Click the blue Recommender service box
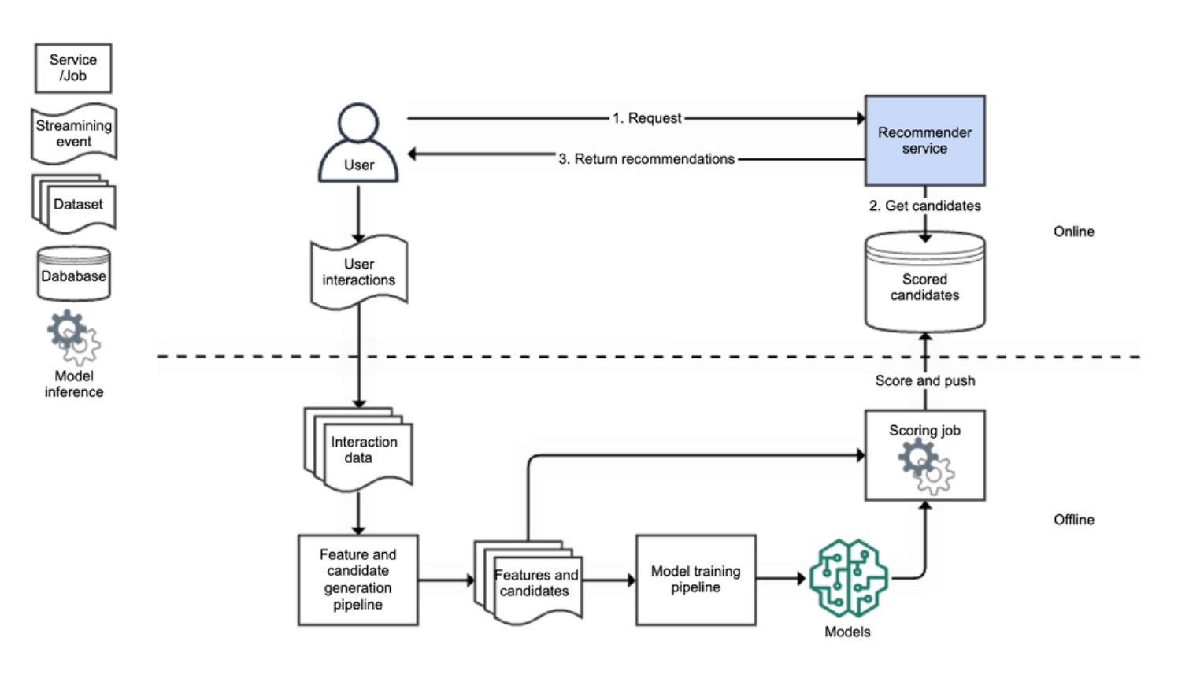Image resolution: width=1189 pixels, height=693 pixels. [924, 140]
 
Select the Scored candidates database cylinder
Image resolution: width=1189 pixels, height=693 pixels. [924, 283]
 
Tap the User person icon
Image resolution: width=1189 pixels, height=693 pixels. [358, 143]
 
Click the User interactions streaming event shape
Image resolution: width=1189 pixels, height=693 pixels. [359, 272]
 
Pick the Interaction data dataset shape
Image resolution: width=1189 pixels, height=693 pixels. [360, 450]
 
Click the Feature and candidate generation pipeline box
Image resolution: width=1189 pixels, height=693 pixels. [357, 580]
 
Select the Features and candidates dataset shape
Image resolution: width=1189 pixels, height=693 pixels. [531, 583]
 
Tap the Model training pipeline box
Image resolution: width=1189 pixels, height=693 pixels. [695, 580]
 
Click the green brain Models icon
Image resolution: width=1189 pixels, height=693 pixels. [848, 579]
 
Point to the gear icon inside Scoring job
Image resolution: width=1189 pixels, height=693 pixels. [925, 466]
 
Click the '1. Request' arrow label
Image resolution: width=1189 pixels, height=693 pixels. [647, 118]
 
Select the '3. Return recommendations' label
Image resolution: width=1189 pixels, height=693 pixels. [646, 159]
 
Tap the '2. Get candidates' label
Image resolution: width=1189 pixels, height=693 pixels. [924, 206]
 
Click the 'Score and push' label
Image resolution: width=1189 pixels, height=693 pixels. [924, 380]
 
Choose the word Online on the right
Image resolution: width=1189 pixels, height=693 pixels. [1073, 232]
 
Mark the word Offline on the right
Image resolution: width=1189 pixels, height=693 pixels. [1073, 520]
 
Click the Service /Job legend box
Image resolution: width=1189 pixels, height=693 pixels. [73, 68]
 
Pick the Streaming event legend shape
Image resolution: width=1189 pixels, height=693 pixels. [74, 134]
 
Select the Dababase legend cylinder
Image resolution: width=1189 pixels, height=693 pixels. [74, 275]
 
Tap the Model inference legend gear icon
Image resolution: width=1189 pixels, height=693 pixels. [74, 336]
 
